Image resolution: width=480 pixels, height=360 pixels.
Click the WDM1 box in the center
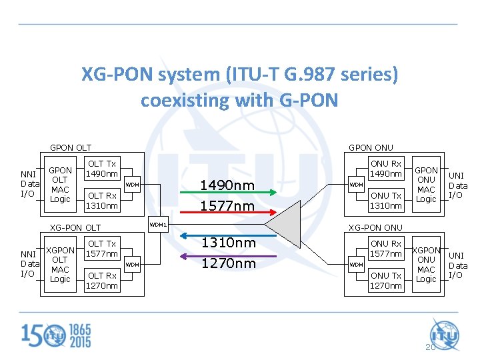point(158,225)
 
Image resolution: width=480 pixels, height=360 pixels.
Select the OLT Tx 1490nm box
point(102,169)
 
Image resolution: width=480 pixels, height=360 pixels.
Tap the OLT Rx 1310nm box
point(102,200)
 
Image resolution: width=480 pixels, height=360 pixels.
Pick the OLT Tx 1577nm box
point(102,249)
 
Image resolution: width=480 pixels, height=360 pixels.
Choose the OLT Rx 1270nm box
point(102,280)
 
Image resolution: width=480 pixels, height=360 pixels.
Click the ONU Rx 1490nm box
point(386,169)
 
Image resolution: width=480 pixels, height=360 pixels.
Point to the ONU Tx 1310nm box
point(386,200)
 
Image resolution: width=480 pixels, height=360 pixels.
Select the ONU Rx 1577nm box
point(386,249)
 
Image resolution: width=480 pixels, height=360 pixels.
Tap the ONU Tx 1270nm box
point(386,280)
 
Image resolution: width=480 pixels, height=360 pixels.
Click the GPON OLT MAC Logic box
point(60,185)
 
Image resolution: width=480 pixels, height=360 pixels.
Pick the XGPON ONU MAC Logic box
point(427,265)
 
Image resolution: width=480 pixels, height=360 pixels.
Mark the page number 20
point(430,347)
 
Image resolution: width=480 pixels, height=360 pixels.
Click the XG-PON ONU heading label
point(376,227)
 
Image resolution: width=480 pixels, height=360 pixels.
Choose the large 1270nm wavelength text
point(228,263)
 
